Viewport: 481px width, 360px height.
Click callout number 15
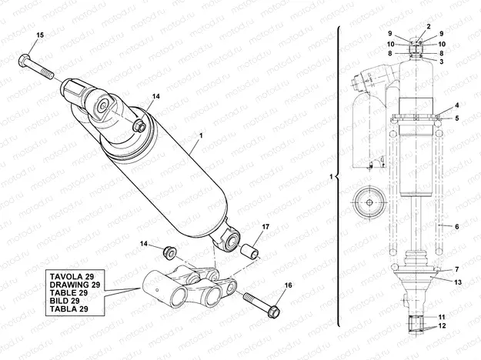tap(41, 36)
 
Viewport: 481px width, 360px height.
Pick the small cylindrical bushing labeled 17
tap(250, 252)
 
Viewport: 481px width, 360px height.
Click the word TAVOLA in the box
tap(68, 275)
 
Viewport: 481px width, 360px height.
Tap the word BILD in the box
tap(63, 300)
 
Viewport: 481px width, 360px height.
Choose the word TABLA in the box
tap(66, 308)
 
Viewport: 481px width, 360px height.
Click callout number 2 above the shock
tap(428, 27)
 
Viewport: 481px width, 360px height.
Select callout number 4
tap(456, 105)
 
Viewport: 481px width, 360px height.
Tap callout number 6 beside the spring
tap(457, 227)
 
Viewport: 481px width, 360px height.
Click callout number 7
tap(456, 269)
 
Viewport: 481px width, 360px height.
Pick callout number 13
tap(456, 282)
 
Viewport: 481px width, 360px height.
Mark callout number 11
tap(442, 317)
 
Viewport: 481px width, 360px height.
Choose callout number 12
tap(442, 326)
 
